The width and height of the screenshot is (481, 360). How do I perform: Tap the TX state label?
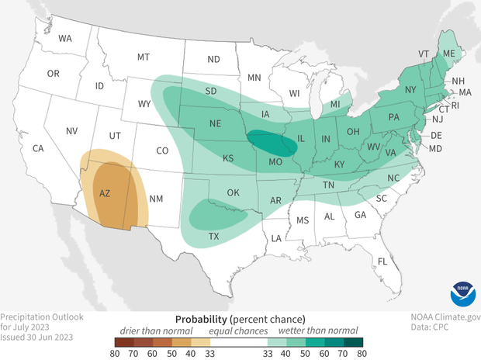[x=213, y=236]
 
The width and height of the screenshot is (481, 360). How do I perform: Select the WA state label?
[x=65, y=38]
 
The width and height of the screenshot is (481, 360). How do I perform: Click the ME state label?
[x=448, y=54]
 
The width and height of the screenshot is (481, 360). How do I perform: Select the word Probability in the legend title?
[x=201, y=319]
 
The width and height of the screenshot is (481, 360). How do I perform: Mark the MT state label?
[x=144, y=57]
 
